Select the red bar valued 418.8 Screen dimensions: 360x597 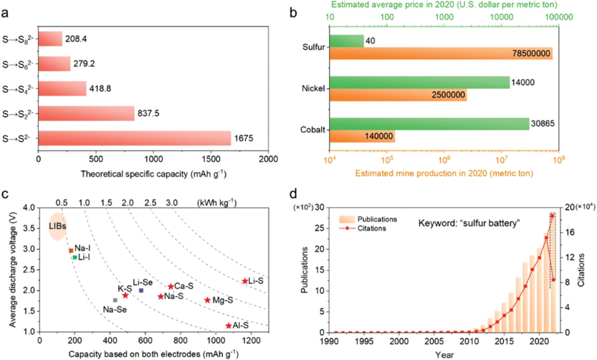point(62,88)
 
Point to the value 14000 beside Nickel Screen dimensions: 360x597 point(523,82)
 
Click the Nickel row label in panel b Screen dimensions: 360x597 point(312,88)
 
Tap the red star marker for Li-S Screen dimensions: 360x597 point(245,281)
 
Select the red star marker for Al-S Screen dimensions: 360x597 point(229,326)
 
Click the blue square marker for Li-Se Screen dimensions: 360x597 point(141,290)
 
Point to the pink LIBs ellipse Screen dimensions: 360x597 point(58,227)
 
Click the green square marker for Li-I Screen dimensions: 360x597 point(75,257)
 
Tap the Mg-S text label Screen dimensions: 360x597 point(223,300)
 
